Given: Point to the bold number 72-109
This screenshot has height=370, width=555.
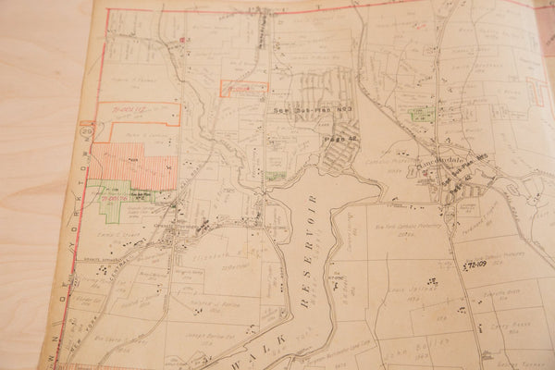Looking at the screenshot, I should point(475,265).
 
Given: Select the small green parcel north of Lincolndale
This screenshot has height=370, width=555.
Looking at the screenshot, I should point(422,117).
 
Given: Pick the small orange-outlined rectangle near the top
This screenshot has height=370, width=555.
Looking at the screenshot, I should point(242,88).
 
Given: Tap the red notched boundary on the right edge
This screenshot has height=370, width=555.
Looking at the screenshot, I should point(536,92).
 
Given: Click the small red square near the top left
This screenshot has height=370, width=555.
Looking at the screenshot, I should point(184,39).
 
